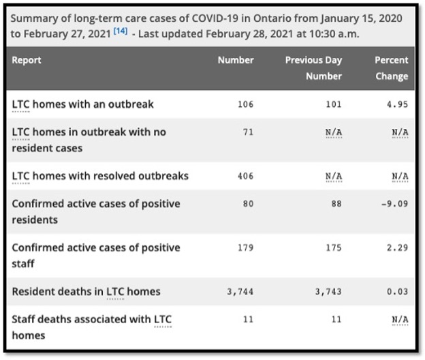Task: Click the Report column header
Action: [27, 60]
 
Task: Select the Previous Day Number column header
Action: [313, 67]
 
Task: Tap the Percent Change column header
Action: [392, 67]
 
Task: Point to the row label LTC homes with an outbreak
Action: [82, 104]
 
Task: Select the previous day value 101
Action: [333, 104]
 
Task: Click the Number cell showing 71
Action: [248, 132]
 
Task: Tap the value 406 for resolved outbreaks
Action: [245, 176]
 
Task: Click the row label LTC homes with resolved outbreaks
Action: [100, 176]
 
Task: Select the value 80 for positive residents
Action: [248, 204]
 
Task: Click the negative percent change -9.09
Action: [396, 204]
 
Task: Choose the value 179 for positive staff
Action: [245, 247]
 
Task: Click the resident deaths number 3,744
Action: [240, 292]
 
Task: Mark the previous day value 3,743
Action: [328, 292]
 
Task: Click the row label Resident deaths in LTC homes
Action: [86, 292]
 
